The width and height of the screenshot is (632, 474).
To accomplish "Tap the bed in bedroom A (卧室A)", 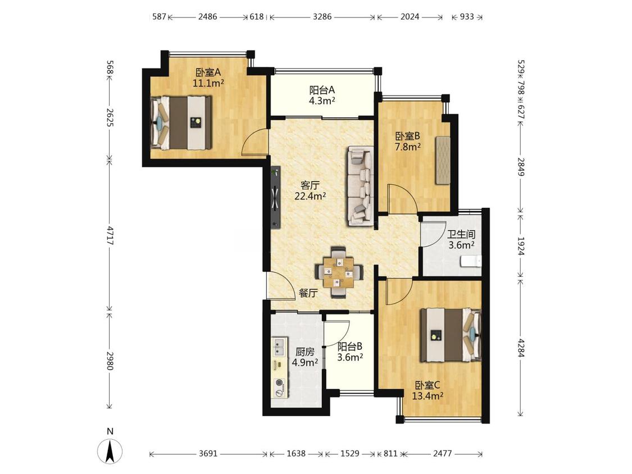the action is (x=181, y=122).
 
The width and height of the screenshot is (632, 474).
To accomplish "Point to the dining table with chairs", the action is (x=339, y=272).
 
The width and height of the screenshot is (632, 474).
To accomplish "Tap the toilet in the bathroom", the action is (x=471, y=261).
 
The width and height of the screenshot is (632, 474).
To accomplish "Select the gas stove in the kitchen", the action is (x=279, y=388).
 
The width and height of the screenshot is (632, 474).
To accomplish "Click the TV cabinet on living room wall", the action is (x=275, y=197).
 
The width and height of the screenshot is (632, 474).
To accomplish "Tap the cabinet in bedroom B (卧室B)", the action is (x=443, y=160).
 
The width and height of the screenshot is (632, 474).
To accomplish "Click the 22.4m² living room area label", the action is (x=310, y=197).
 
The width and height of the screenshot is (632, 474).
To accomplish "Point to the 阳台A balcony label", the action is (x=322, y=90).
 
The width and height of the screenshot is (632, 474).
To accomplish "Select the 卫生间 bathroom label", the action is (x=461, y=234).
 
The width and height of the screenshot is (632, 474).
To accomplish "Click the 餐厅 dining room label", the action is (x=308, y=293).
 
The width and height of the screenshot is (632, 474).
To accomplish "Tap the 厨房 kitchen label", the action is (x=304, y=352).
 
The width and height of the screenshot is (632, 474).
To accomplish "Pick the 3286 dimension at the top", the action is (x=322, y=16).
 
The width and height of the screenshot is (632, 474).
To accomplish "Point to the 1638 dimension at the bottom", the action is (x=296, y=453).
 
